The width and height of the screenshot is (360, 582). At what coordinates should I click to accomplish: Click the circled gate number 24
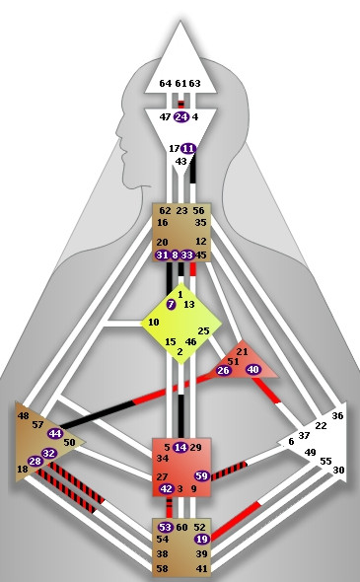click(x=180, y=116)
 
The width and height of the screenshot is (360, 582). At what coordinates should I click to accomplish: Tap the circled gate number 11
click(x=187, y=149)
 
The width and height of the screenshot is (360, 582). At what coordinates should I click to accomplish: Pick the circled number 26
click(x=224, y=371)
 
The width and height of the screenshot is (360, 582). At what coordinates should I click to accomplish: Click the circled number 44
click(x=55, y=433)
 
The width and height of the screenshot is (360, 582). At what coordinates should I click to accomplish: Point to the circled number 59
click(x=201, y=476)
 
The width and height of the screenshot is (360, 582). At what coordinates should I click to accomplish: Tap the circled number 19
click(x=201, y=540)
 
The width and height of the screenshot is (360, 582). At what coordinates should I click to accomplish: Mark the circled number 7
click(x=172, y=305)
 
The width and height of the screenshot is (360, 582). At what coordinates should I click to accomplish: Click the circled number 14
click(x=180, y=448)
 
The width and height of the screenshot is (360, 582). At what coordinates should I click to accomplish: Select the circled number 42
click(x=166, y=489)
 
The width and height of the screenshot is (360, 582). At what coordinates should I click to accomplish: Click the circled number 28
click(x=36, y=462)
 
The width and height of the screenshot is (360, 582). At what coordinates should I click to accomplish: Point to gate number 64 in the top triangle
click(x=165, y=84)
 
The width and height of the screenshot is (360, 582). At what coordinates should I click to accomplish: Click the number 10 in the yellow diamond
click(x=153, y=323)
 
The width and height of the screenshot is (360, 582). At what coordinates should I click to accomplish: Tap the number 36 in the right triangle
click(x=337, y=416)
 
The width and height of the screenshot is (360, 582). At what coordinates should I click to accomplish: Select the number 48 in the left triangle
click(x=23, y=415)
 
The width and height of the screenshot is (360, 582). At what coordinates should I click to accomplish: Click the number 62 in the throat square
click(x=166, y=210)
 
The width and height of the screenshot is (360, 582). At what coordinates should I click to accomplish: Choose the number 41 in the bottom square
click(x=201, y=569)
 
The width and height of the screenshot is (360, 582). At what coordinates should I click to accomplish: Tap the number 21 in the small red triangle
click(x=242, y=352)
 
